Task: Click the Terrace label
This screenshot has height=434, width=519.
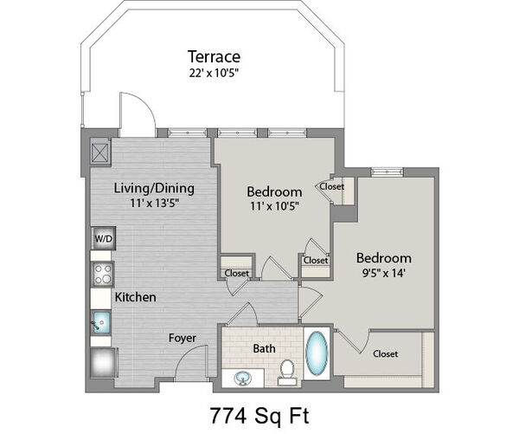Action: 214,56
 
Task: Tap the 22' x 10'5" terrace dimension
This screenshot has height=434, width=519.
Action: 214,73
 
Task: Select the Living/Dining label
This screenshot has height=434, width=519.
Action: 154,188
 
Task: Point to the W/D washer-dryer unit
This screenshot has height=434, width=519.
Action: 104,238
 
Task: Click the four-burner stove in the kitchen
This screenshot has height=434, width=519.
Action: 103,274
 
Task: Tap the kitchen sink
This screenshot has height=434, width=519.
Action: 101,322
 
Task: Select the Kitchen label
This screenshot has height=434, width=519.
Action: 136,297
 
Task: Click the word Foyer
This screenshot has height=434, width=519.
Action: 182,338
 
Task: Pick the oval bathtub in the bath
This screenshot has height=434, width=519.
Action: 317,353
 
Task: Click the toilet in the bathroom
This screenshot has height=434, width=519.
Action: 286,372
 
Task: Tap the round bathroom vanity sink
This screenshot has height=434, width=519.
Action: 242,378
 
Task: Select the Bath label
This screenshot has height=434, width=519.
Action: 264,348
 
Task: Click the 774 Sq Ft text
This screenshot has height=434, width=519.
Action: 259,416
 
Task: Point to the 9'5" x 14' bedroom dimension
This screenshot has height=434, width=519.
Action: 383,273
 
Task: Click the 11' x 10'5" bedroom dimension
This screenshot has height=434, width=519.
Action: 274,206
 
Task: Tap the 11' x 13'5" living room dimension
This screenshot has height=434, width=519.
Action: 154,203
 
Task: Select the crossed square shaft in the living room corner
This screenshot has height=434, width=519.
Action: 100,152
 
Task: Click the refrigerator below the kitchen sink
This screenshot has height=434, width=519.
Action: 103,362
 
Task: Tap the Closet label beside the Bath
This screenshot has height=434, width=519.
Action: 385,353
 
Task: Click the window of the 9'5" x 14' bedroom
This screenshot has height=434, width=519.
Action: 387,172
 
